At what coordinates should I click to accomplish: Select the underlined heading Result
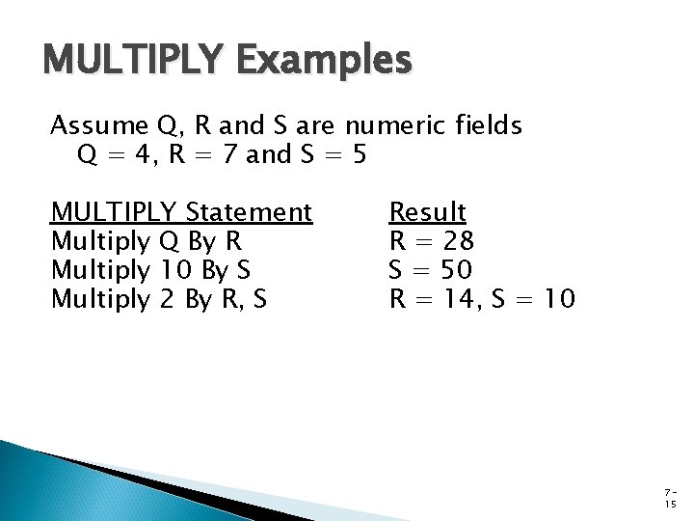coord(427,211)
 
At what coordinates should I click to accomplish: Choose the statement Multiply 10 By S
coord(158,269)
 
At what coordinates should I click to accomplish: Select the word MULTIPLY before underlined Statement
coord(114,211)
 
